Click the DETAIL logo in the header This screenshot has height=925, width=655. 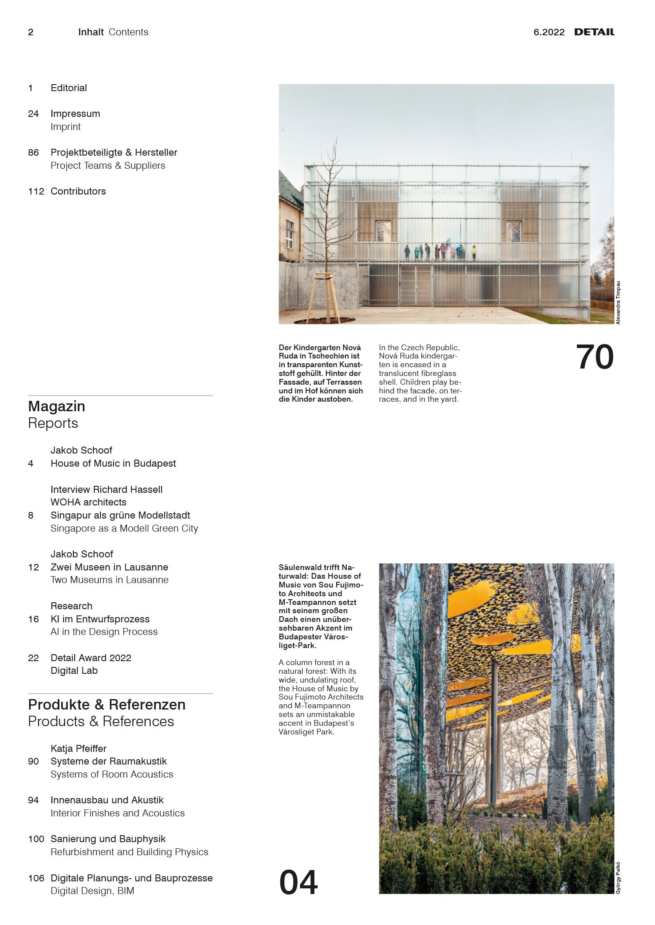(594, 32)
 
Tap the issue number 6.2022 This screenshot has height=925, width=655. (549, 32)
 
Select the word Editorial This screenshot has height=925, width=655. (69, 88)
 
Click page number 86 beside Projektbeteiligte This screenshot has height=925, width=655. (33, 153)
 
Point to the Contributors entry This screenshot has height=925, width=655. (78, 191)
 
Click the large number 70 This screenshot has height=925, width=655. (595, 357)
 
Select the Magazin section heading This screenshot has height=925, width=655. (57, 406)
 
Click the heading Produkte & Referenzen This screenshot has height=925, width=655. (107, 704)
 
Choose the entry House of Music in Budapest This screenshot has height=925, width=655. (113, 463)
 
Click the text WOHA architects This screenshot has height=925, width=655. (88, 502)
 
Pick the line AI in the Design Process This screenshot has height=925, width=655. (104, 631)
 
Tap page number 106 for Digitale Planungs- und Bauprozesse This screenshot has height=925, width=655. (36, 878)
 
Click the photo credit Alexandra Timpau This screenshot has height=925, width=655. (618, 302)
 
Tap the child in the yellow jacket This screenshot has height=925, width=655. (474, 252)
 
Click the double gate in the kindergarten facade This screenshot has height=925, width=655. (415, 285)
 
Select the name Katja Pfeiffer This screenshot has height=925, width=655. (79, 748)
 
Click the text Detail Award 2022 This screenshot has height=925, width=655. (91, 658)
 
